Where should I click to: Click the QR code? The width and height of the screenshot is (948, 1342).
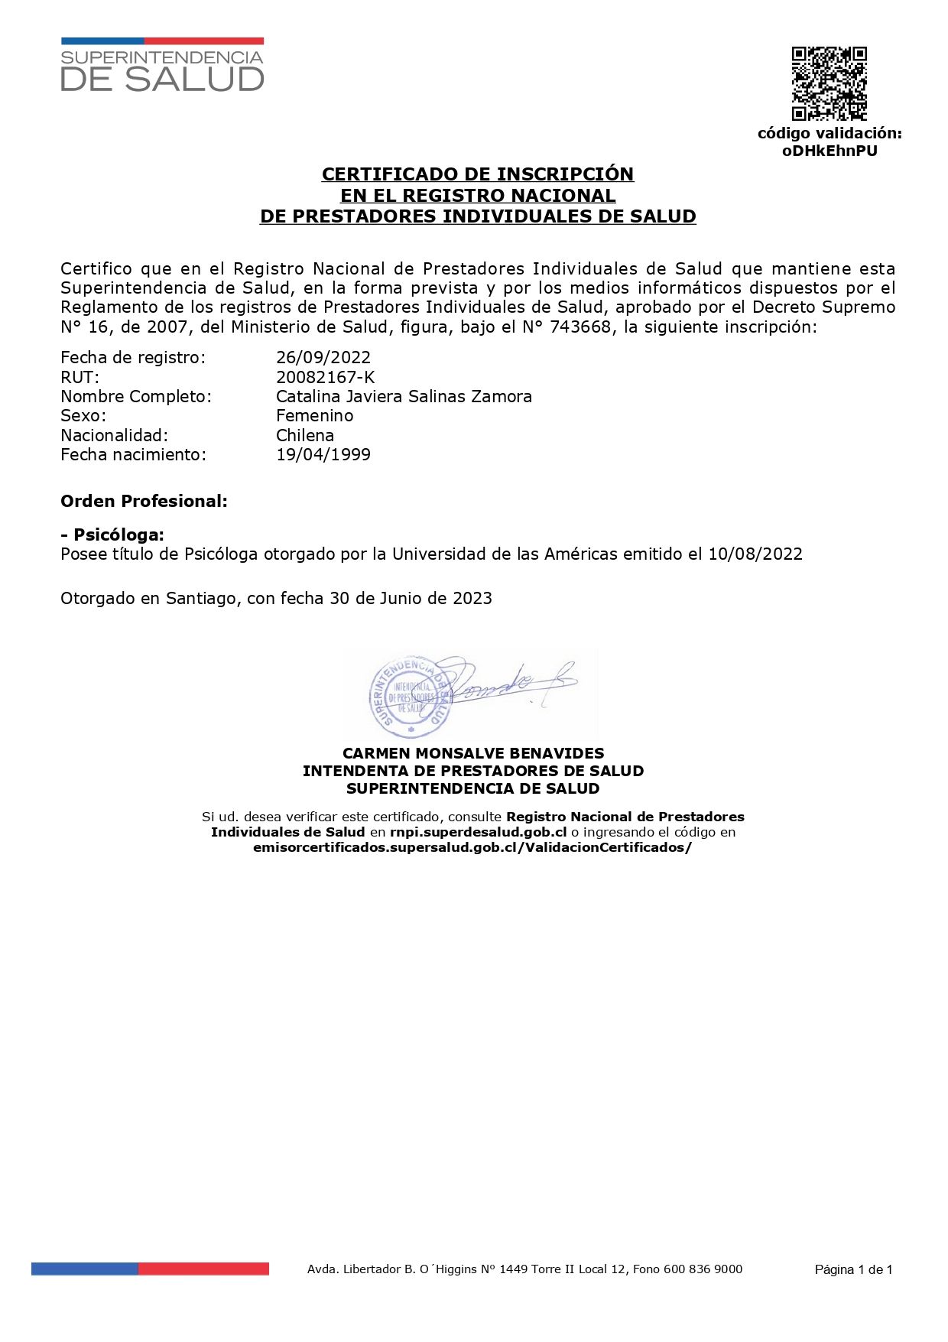click(829, 84)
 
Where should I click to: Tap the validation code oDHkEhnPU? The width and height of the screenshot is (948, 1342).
click(829, 151)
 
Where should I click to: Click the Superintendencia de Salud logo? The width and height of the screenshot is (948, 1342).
click(162, 66)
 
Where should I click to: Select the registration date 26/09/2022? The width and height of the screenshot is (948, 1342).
click(323, 357)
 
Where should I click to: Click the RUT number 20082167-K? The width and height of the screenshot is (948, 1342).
click(326, 377)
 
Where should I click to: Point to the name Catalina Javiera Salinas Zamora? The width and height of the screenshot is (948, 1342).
click(404, 396)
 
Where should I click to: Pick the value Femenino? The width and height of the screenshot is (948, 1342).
click(315, 415)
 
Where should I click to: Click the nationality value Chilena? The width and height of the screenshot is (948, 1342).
click(305, 435)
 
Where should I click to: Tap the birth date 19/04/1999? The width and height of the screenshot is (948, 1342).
click(323, 454)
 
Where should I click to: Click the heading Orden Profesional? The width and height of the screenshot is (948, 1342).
click(144, 501)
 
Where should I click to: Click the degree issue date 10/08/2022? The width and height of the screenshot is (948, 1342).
click(755, 554)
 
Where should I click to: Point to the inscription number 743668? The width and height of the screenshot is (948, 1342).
click(583, 327)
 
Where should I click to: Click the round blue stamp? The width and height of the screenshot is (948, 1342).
click(410, 692)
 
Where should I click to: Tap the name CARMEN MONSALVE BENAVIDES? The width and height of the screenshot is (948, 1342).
click(473, 753)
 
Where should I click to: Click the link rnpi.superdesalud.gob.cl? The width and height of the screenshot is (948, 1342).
click(478, 832)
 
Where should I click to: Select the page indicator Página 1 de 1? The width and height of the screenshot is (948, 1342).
click(853, 1269)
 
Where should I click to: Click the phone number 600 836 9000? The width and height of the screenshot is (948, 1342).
click(703, 1269)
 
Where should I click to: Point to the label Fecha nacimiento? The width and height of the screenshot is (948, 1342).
click(133, 454)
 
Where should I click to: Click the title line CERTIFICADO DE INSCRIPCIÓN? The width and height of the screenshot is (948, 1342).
click(478, 174)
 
